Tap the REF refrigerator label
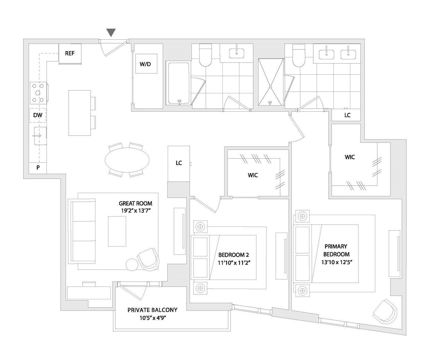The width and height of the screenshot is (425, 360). [x=69, y=53]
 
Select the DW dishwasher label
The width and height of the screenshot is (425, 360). [x=37, y=115]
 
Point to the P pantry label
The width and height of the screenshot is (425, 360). [x=38, y=168]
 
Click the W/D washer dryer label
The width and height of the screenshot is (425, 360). [x=145, y=64]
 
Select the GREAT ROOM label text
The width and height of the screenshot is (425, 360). [x=135, y=203]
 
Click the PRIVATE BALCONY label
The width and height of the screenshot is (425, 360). [x=152, y=310]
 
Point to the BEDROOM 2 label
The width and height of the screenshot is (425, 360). [x=234, y=255]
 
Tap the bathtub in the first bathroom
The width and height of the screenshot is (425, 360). [x=178, y=83]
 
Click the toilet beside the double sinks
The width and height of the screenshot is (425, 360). [x=298, y=56]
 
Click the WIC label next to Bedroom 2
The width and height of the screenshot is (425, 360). [x=253, y=175]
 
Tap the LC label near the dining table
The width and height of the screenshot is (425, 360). [x=179, y=163]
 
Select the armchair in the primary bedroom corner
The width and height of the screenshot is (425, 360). [x=386, y=312]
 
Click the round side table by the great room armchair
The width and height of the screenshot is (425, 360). [x=131, y=264]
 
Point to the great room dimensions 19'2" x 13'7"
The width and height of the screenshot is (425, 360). [x=135, y=211]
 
